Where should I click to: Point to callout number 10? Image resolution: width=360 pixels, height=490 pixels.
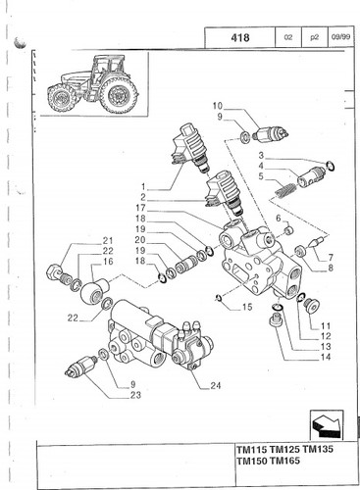click(218, 105)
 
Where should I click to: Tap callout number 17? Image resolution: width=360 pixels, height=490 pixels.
click(142, 208)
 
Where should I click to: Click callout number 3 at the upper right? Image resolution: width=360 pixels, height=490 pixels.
click(260, 155)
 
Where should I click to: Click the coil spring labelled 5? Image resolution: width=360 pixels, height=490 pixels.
click(284, 183)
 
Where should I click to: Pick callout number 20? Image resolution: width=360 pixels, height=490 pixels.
click(142, 240)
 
